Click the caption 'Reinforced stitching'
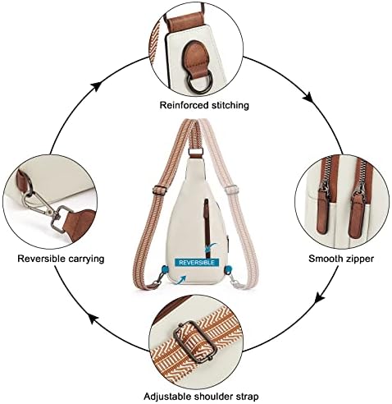tap(204, 105)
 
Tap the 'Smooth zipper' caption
tap(341, 259)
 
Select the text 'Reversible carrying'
tap(61, 259)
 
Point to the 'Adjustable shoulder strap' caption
tap(201, 397)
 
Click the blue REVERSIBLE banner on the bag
tap(197, 263)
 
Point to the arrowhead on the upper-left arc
tap(96, 86)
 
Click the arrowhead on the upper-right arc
tap(308, 97)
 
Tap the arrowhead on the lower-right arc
tap(321, 298)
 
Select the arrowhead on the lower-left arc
tap(93, 319)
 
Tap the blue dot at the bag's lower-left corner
tap(165, 269)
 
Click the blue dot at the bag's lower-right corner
tap(228, 270)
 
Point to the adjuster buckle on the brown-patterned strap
tap(160, 190)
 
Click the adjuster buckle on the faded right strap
tap(231, 189)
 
